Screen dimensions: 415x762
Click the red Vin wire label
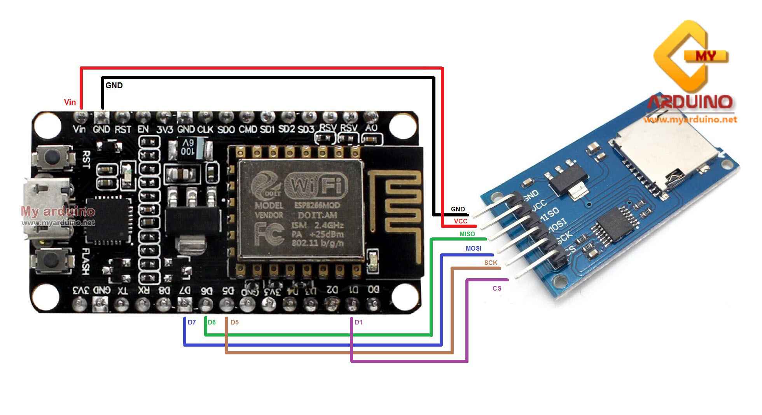point(70,102)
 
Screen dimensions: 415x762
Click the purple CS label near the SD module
point(497,288)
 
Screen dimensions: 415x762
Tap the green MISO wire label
point(467,234)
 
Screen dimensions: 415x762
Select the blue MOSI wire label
point(473,248)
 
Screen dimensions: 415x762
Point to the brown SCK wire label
point(491,263)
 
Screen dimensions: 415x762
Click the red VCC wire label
point(460,221)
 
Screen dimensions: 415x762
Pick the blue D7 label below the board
point(192,322)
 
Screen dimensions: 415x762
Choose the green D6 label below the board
point(211,322)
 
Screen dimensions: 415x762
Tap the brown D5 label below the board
point(234,322)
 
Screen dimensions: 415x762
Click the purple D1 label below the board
point(358,322)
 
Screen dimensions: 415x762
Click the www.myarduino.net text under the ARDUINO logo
point(690,120)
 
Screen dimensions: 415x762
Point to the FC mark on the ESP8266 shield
point(268,233)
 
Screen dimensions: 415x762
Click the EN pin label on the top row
point(143,129)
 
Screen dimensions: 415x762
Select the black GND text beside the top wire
point(114,85)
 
